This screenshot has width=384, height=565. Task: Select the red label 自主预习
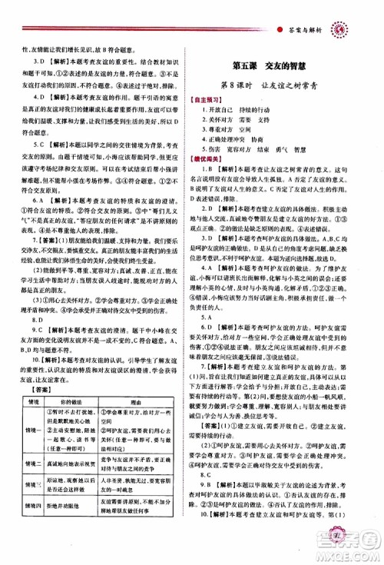[x=217, y=102]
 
